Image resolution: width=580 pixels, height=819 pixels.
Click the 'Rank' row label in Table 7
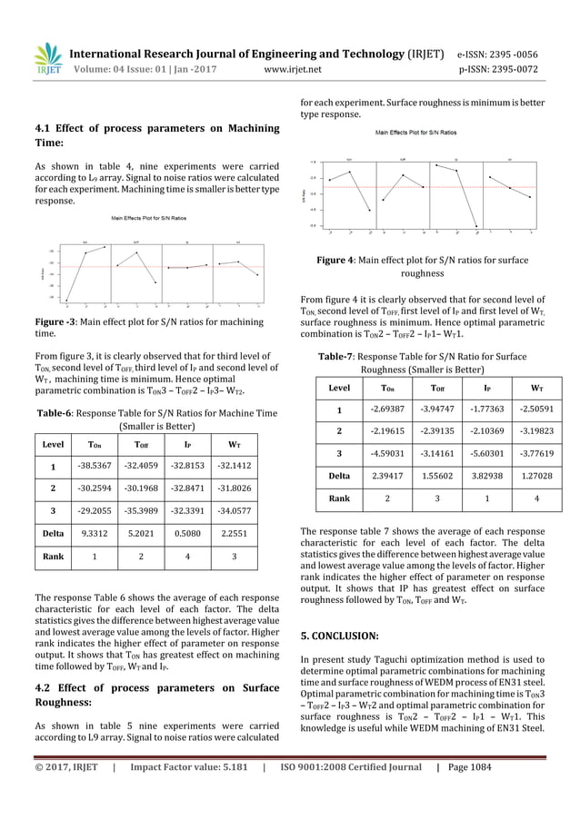[327, 498]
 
